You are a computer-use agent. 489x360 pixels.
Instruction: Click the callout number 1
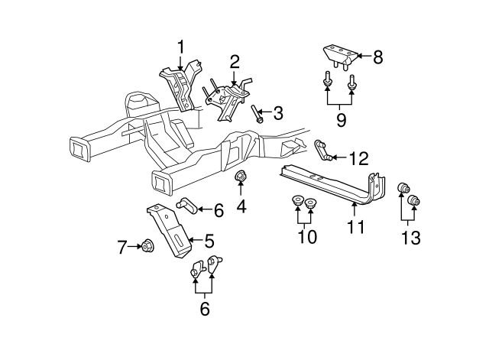[x=181, y=47]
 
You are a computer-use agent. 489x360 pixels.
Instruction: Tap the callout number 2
[x=235, y=61]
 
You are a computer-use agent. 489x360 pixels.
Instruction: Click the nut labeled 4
[x=240, y=179]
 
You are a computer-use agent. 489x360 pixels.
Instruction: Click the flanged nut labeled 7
[x=146, y=246]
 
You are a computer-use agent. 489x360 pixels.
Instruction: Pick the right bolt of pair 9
[x=351, y=82]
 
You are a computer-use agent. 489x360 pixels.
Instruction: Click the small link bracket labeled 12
[x=323, y=151]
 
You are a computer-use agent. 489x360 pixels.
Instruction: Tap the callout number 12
[x=358, y=158]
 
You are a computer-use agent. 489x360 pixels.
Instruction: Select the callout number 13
[x=410, y=238]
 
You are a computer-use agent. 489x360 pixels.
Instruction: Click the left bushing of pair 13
[x=402, y=189]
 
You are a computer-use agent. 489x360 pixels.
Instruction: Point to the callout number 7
[x=121, y=246]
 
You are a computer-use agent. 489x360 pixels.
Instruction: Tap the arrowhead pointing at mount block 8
[x=358, y=56]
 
